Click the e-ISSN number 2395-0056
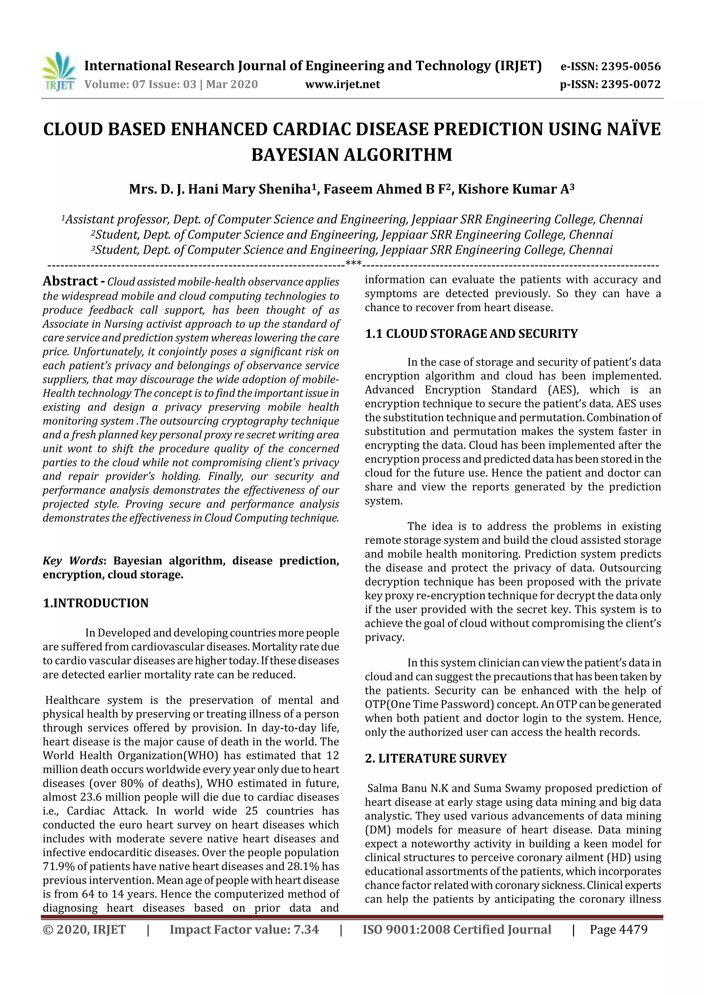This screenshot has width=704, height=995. coord(631,67)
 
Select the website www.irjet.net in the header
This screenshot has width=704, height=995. coord(342,84)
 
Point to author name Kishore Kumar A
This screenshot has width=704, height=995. coord(515,189)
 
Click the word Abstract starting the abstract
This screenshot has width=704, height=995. coord(70,281)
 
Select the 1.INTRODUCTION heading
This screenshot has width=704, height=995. coord(96,603)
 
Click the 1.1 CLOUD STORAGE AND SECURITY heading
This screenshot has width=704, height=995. coord(471,334)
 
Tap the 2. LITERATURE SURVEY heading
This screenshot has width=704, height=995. coord(436,758)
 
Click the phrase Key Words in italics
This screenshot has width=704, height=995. coord(73,561)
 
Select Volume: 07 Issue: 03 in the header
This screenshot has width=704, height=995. coord(140,84)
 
